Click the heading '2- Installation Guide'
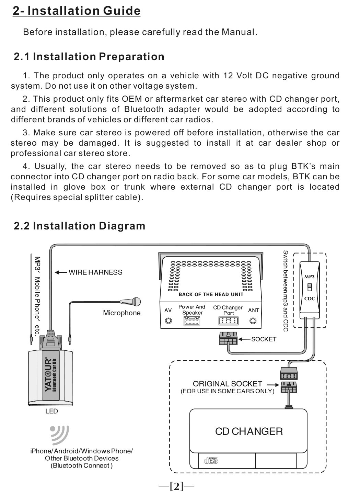tap(77, 11)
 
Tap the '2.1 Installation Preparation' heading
tap(89, 56)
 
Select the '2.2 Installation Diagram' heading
tap(79, 226)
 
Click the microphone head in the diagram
tap(136, 302)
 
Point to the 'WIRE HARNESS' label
tap(95, 272)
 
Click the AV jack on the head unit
tap(168, 321)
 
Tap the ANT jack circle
tap(253, 321)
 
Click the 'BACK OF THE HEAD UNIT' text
tap(211, 294)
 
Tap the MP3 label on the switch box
tap(309, 277)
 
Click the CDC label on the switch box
tap(309, 299)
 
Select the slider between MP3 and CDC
tap(309, 287)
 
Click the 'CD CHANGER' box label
tap(249, 431)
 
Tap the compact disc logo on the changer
tap(211, 460)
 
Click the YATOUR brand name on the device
tap(48, 375)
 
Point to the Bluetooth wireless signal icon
tap(60, 435)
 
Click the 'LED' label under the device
tap(51, 411)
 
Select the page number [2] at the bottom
tap(176, 486)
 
